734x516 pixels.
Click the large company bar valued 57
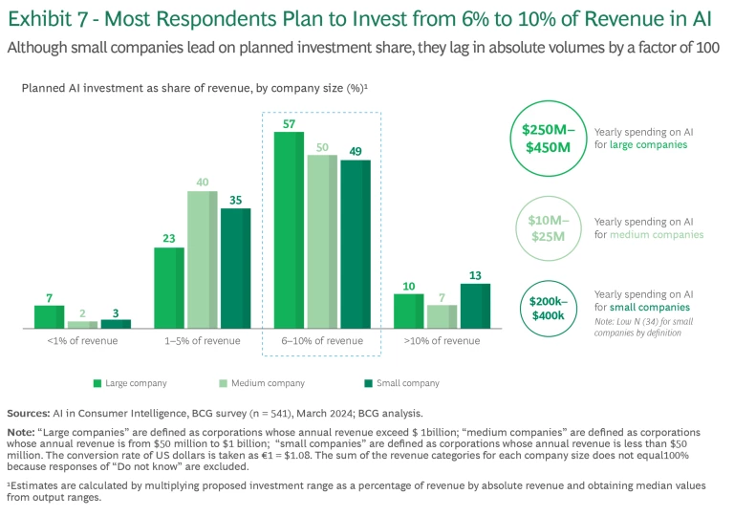[290, 230]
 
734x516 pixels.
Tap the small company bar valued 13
[475, 306]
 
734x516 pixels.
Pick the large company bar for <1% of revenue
[49, 317]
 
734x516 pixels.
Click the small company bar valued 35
[235, 269]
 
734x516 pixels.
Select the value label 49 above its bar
[355, 151]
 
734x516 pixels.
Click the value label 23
[168, 239]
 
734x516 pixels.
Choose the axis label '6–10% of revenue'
[321, 341]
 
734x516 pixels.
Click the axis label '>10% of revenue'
[442, 341]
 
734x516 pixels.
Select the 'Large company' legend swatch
[97, 383]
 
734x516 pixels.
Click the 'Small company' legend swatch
[367, 383]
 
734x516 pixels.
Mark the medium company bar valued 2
[82, 325]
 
